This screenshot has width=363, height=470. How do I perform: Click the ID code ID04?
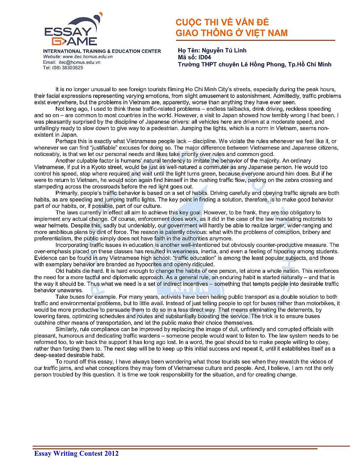click(x=205, y=57)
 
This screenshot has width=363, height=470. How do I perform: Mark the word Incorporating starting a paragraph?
click(x=72, y=245)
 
